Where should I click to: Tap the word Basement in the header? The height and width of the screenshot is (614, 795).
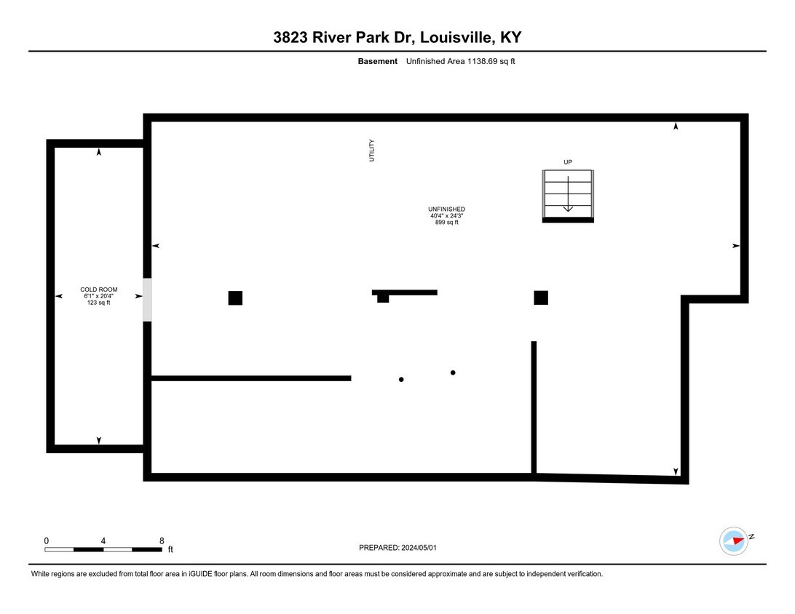tap(378, 61)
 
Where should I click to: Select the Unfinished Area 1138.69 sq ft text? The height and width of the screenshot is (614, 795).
tap(460, 61)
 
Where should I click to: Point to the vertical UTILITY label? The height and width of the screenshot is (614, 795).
tap(371, 151)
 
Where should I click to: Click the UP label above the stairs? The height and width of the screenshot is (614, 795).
tap(568, 162)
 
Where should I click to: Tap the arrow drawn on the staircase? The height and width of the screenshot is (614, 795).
tap(568, 194)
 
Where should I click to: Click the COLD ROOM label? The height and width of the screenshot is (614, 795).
tap(99, 290)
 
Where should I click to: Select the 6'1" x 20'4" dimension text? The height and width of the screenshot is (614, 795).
tap(99, 296)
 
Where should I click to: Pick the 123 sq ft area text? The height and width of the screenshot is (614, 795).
tap(99, 303)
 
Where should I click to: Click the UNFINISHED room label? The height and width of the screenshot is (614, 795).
tap(447, 210)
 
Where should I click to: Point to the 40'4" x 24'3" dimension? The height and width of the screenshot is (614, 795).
tap(447, 215)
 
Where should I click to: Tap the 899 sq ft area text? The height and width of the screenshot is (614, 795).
tap(447, 222)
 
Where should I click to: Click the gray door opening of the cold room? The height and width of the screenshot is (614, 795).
tap(147, 300)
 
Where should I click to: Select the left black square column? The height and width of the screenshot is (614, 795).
tap(235, 298)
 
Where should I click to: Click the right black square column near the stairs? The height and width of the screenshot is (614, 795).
tap(541, 298)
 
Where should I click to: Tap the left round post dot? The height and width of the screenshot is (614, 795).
tap(401, 380)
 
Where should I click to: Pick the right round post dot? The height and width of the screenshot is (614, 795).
tap(453, 373)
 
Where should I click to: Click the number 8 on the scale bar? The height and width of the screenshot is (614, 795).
tap(162, 541)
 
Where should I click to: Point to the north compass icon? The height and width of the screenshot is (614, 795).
tap(734, 541)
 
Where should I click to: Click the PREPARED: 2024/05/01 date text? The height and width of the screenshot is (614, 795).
tap(397, 548)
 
